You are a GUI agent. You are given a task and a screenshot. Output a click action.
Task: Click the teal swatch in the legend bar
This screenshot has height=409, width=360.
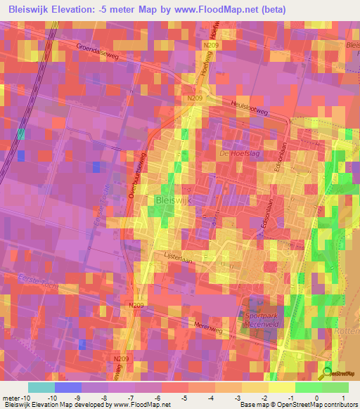point(41,387)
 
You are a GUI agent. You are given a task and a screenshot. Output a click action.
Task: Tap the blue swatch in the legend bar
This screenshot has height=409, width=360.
point(68,387)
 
